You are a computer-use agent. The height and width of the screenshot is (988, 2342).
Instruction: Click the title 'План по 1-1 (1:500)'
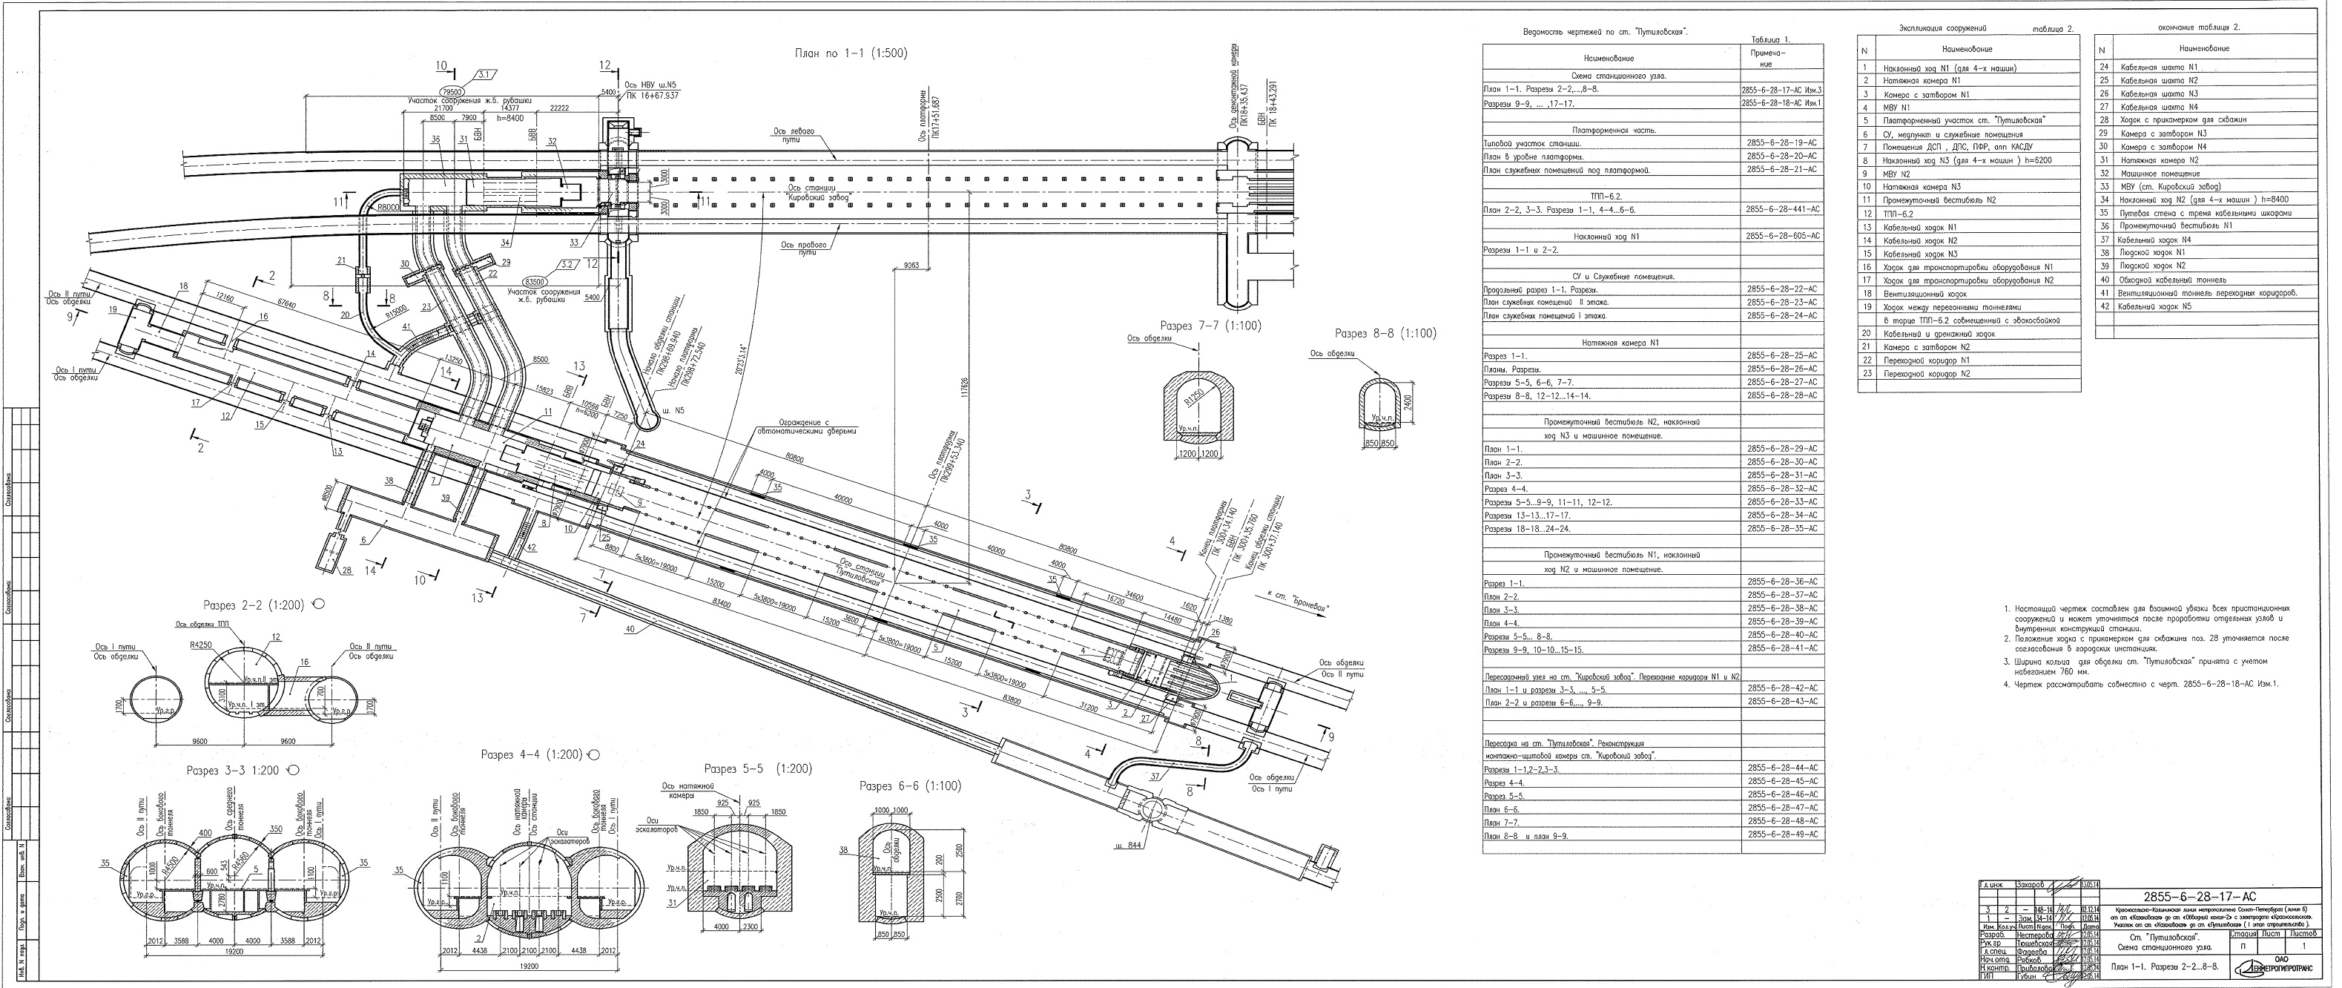[x=851, y=53]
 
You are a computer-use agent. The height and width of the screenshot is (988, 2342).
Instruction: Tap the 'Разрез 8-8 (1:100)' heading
[x=1385, y=334]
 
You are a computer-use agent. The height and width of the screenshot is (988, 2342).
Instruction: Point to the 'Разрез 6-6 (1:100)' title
[x=910, y=786]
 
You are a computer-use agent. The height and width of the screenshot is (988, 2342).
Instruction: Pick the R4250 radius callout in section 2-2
[x=201, y=644]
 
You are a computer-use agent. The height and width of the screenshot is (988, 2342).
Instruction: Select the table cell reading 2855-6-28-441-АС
[x=1781, y=209]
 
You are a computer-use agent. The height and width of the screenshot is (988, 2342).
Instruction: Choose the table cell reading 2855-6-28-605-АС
[x=1781, y=235]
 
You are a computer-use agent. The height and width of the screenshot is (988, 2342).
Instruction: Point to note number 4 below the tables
[x=2140, y=683]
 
